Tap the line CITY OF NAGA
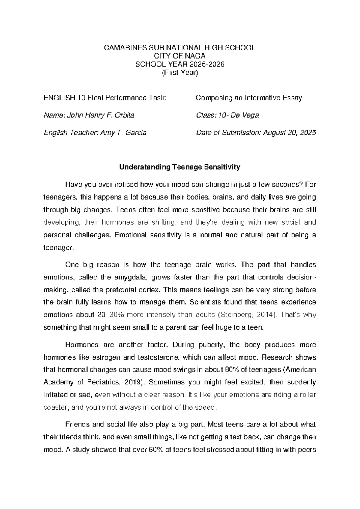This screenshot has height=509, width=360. pos(179,56)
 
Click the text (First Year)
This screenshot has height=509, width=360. pos(180,73)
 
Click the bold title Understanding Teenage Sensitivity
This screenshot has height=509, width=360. pos(180,167)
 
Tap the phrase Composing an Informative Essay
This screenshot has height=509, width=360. pos(249,98)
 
